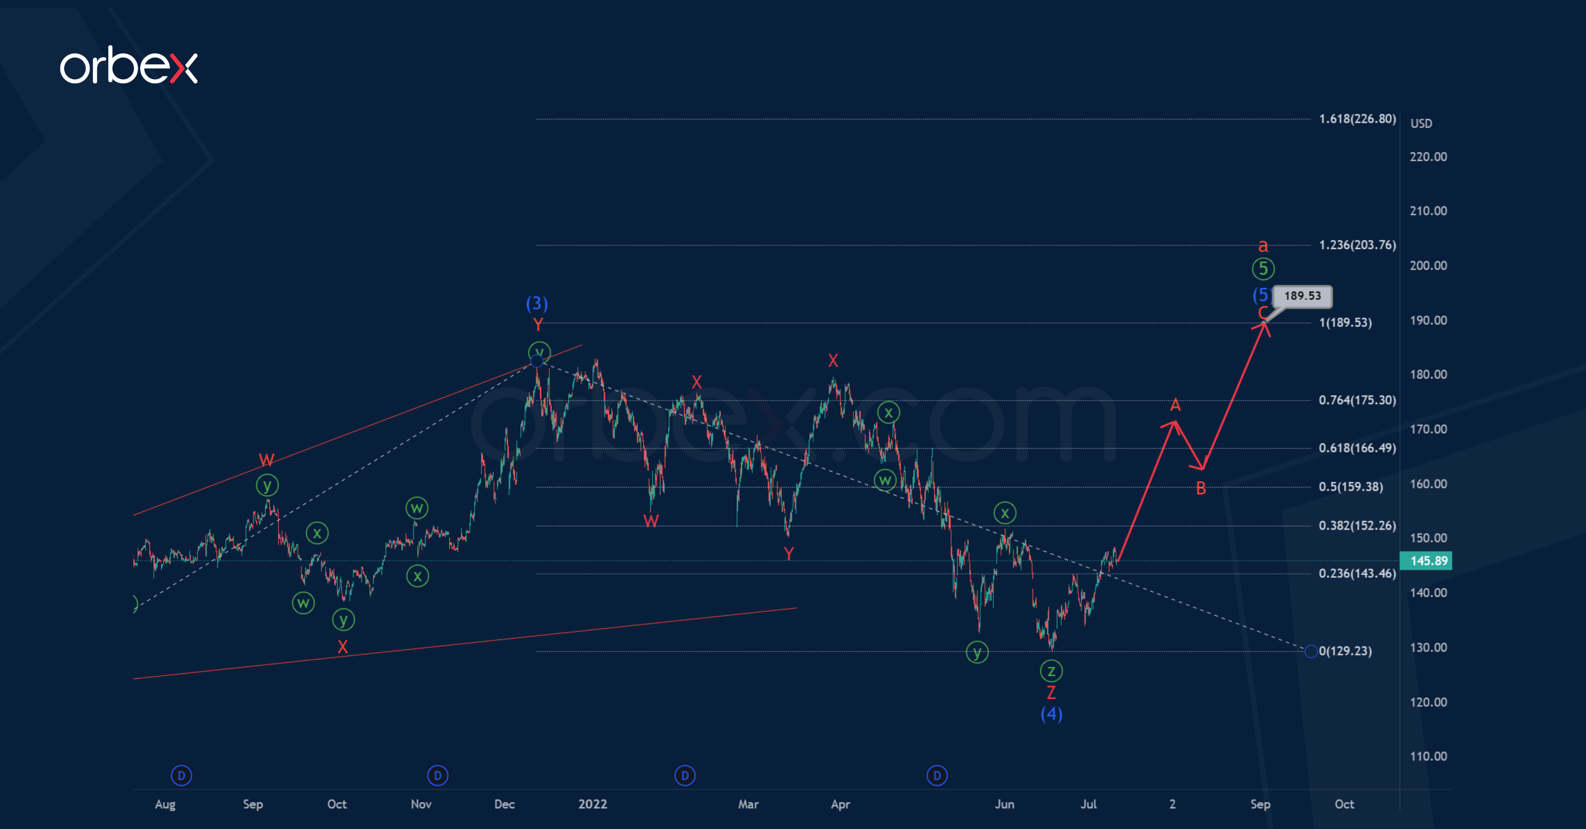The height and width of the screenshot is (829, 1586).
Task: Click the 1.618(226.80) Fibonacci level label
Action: tap(1357, 119)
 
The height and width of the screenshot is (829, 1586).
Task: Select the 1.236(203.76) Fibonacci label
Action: tap(1357, 245)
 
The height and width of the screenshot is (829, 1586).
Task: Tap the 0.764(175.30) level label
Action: tap(1357, 400)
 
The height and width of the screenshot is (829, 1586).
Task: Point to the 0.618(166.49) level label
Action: tap(1357, 448)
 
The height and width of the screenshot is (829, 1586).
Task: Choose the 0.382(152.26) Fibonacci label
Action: tap(1357, 525)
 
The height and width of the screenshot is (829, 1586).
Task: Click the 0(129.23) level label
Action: tap(1345, 651)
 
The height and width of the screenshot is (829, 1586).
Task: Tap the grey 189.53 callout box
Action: tap(1302, 296)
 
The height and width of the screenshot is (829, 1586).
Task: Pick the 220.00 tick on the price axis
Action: tap(1428, 156)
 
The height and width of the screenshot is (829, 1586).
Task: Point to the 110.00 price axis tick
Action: tap(1428, 756)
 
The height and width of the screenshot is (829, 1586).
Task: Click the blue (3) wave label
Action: tap(537, 303)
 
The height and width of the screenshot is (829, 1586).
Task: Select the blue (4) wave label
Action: tap(1052, 714)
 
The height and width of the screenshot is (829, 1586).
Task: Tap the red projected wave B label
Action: tap(1201, 488)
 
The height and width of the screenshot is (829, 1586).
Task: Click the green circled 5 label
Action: tap(1263, 268)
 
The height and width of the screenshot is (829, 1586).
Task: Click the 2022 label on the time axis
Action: tap(592, 804)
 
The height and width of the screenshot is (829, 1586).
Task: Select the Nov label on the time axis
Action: tap(421, 804)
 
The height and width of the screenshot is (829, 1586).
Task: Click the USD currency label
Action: tap(1421, 123)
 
